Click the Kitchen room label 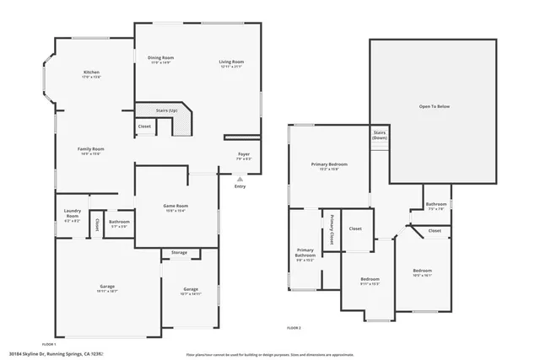pyautogui.click(x=91, y=73)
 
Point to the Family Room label pyautogui.click(x=91, y=150)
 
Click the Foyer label pyautogui.click(x=243, y=155)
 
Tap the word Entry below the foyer pyautogui.click(x=240, y=186)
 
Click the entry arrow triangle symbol pyautogui.click(x=240, y=179)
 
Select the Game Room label pyautogui.click(x=175, y=207)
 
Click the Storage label pyautogui.click(x=179, y=252)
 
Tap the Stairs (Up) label pyautogui.click(x=167, y=110)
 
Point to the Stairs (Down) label pyautogui.click(x=380, y=135)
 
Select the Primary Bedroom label pyautogui.click(x=329, y=166)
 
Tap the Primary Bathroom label pyautogui.click(x=305, y=253)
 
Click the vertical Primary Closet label pyautogui.click(x=332, y=229)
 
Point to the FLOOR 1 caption pyautogui.click(x=48, y=344)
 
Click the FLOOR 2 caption pyautogui.click(x=294, y=327)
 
